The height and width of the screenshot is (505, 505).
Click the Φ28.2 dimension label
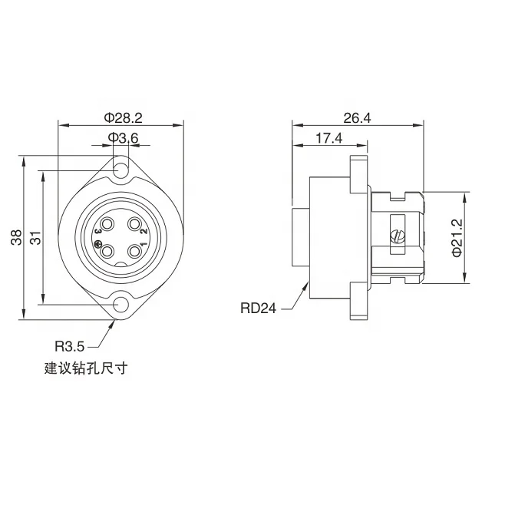(x=123, y=117)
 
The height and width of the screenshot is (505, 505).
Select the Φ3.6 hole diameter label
(x=123, y=137)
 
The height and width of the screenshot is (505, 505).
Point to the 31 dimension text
(x=35, y=238)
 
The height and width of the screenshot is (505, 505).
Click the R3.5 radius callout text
(x=70, y=345)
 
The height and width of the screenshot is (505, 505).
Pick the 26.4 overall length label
(x=358, y=117)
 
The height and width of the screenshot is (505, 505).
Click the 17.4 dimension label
(x=329, y=137)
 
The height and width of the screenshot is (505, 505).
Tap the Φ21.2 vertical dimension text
(x=457, y=238)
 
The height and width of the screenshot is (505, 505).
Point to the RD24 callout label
(x=259, y=309)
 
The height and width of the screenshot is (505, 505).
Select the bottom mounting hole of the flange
(x=121, y=306)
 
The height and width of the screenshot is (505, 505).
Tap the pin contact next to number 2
(x=135, y=226)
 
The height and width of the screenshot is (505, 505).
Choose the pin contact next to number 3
(x=108, y=226)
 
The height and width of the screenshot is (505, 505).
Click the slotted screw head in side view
(x=397, y=237)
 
